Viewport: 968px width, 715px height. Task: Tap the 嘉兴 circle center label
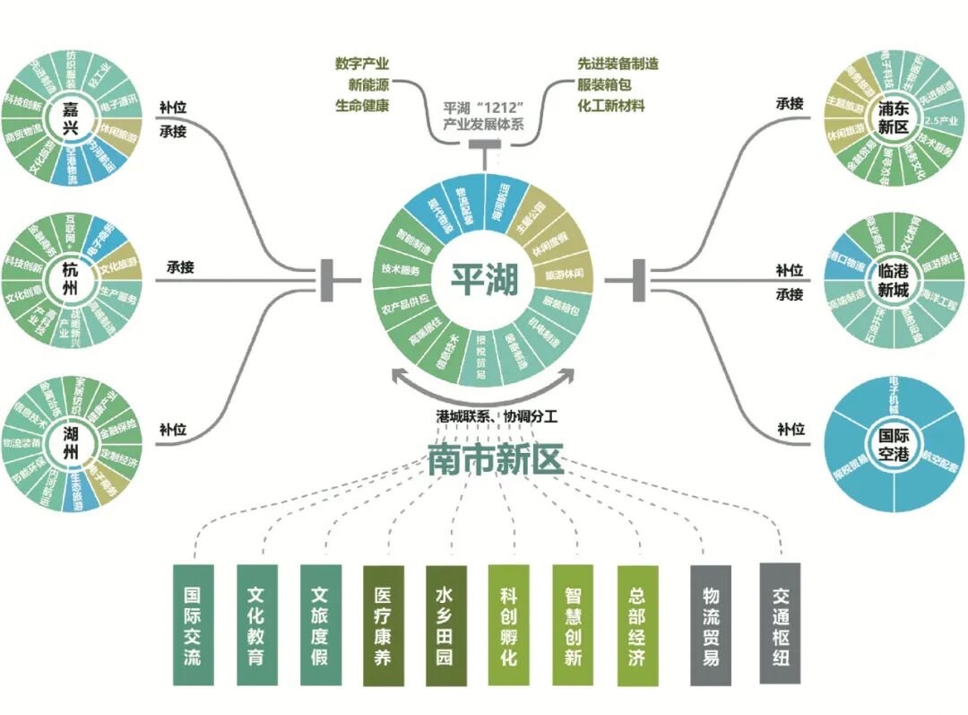tap(71, 119)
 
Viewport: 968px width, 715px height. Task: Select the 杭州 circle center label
tap(71, 278)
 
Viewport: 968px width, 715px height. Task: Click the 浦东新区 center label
tap(893, 119)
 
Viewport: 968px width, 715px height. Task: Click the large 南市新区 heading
tap(495, 459)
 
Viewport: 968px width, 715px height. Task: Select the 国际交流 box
tap(193, 625)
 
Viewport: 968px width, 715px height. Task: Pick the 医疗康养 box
tap(383, 625)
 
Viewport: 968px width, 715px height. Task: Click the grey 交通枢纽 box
tap(780, 624)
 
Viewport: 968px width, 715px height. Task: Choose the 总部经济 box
tap(637, 625)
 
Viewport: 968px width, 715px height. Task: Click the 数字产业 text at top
tap(362, 65)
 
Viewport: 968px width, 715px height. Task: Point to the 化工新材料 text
tap(611, 105)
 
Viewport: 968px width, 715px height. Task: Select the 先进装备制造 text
tap(618, 65)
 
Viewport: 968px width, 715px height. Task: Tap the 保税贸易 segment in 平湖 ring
tap(482, 356)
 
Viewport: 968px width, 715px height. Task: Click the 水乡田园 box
tap(446, 625)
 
